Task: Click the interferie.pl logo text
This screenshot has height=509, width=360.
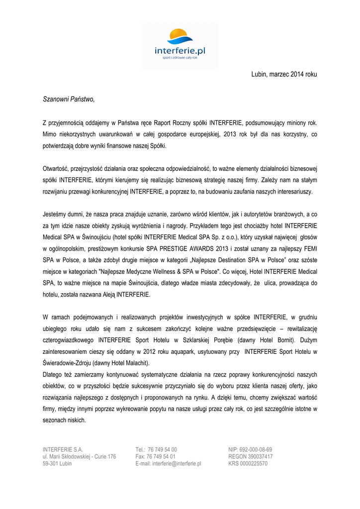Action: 180,50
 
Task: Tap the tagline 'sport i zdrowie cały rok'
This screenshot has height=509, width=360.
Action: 180,58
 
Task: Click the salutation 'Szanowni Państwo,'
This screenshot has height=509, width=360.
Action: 69,99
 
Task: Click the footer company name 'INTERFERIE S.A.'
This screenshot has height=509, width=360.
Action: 63,449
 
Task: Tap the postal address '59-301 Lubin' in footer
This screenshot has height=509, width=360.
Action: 57,463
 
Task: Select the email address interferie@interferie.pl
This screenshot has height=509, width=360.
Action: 177,463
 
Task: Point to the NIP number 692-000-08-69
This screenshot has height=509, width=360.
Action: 257,449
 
